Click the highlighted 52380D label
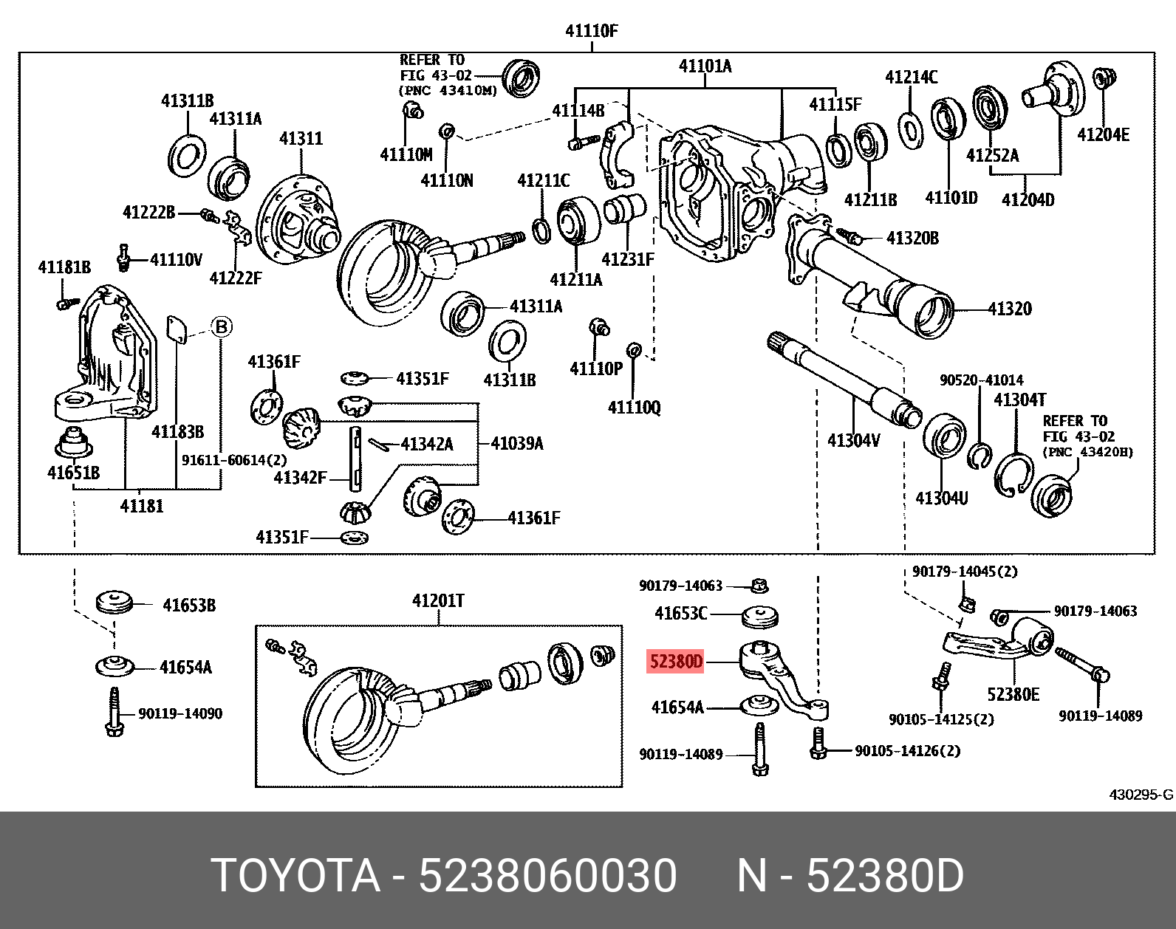(676, 661)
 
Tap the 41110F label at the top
(591, 31)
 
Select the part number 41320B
(912, 238)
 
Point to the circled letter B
(222, 326)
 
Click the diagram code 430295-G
(1140, 795)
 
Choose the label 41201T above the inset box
(438, 600)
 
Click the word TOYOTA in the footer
(295, 876)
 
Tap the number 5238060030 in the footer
(547, 876)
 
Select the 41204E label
(1103, 134)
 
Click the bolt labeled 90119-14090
(114, 712)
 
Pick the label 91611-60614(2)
(234, 460)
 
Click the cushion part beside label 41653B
(114, 601)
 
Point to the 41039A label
(517, 443)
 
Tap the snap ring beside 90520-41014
(980, 456)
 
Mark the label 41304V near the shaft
(853, 440)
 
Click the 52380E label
(1013, 694)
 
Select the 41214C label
(911, 77)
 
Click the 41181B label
(64, 267)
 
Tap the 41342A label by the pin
(427, 444)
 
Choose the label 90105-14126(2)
(907, 750)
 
